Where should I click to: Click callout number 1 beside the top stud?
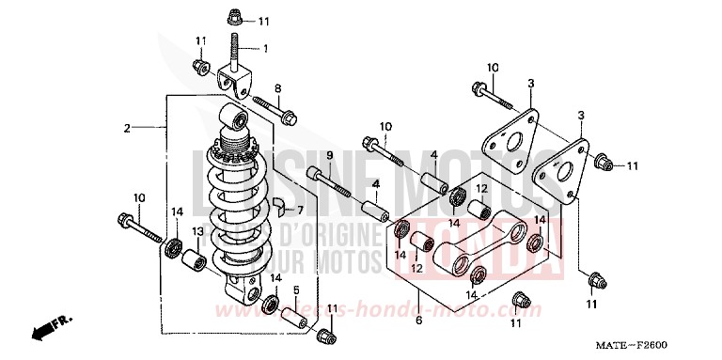(266, 49)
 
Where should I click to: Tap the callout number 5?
(295, 290)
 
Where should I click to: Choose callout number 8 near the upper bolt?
(279, 88)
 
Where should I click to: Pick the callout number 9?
(330, 155)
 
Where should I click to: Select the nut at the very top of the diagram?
(235, 18)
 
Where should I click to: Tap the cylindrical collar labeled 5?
(300, 318)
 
